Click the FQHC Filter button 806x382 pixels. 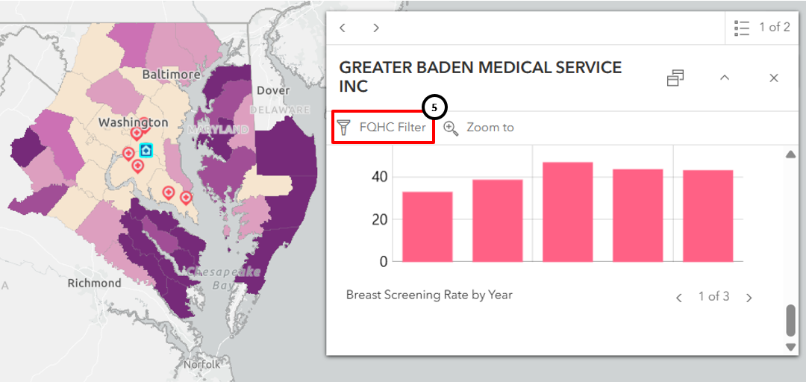click(383, 128)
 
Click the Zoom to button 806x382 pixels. click(479, 128)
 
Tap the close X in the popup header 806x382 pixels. click(774, 78)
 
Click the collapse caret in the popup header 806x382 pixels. click(724, 78)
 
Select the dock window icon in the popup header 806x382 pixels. click(675, 78)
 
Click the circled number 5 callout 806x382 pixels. click(434, 107)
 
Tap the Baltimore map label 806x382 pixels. click(171, 75)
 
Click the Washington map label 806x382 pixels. click(134, 122)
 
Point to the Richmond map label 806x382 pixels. click(94, 284)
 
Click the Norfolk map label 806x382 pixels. click(202, 365)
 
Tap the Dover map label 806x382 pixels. click(272, 90)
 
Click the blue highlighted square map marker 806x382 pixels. click(146, 151)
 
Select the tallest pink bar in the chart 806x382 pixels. click(567, 212)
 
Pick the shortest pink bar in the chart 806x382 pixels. click(427, 227)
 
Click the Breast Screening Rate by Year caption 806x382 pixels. click(429, 295)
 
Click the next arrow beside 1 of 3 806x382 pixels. click(749, 298)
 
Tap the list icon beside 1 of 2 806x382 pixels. click(741, 28)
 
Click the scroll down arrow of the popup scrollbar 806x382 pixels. click(791, 347)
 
